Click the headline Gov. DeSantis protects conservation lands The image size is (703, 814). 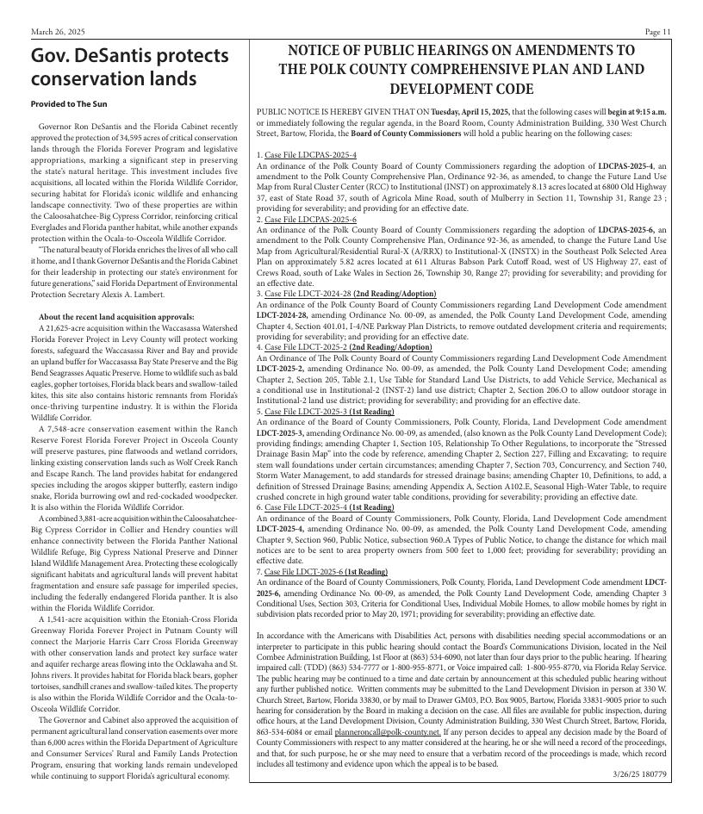coord(129,67)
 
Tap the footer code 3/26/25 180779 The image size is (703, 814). coord(640,774)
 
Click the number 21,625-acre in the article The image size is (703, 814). coord(61,328)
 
